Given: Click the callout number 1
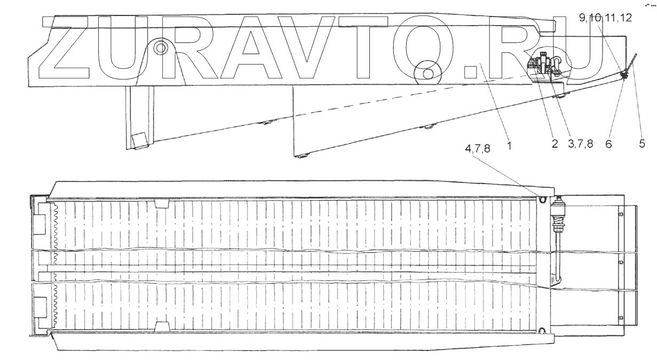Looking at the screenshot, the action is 509,144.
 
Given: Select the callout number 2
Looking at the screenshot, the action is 555,144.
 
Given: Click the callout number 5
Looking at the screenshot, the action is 642,144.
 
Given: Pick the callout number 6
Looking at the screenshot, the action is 608,144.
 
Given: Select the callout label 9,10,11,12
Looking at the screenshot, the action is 605,18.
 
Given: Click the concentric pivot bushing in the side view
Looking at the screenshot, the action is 160,47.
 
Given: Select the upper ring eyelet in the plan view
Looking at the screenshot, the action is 542,200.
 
